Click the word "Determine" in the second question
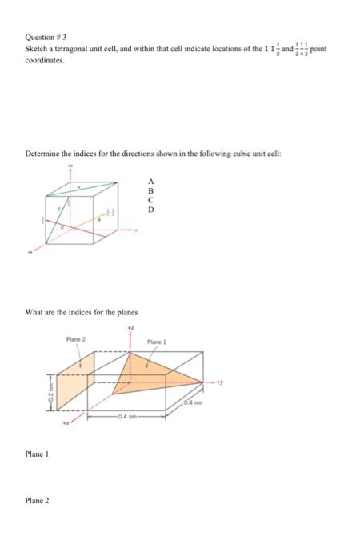click(x=41, y=152)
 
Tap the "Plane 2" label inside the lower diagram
click(x=77, y=341)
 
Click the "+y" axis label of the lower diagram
click(x=218, y=382)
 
